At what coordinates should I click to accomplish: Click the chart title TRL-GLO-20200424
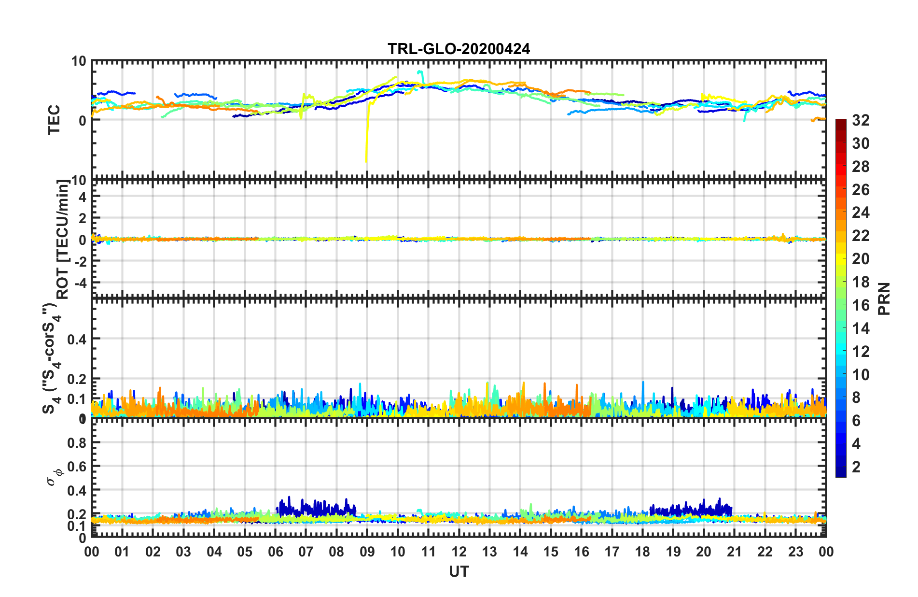pos(459,49)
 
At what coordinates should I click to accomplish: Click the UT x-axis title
pos(459,572)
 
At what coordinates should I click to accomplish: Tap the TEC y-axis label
pos(54,119)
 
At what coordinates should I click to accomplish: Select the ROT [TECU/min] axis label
pos(63,240)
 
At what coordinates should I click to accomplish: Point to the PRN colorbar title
pos(884,298)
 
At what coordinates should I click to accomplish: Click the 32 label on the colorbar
pos(861,120)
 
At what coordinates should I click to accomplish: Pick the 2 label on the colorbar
pos(856,467)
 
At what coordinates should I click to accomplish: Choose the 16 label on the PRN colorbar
pos(861,305)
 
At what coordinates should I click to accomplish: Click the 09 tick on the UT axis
pos(367,552)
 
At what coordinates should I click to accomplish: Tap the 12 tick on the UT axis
pos(459,552)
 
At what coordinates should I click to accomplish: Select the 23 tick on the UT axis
pos(795,552)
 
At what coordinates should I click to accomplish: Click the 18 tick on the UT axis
pos(642,552)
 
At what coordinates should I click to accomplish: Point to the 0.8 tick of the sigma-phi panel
pos(77,443)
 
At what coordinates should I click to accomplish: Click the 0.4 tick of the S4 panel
pos(77,339)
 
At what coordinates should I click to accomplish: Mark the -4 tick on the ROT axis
pos(80,282)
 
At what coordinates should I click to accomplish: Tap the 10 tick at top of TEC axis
pos(78,61)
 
